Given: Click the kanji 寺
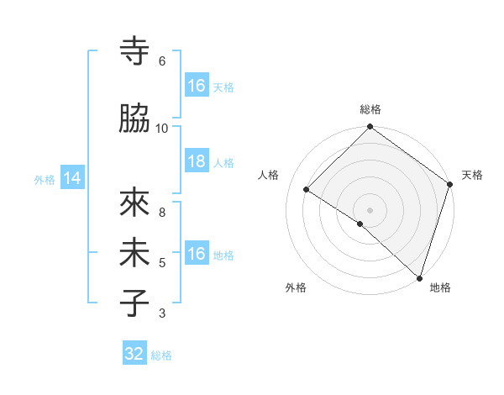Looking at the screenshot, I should [x=134, y=51].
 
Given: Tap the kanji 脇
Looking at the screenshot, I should [x=134, y=118].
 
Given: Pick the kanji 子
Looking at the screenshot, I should [x=134, y=303].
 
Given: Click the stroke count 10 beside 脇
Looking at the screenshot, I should [x=162, y=128].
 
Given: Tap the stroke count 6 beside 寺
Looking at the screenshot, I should [x=162, y=61].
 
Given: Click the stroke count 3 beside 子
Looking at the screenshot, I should [x=162, y=313].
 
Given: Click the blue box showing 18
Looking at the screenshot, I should [x=197, y=161].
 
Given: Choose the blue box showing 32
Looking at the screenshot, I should [x=134, y=354].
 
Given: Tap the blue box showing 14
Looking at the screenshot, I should [x=72, y=178].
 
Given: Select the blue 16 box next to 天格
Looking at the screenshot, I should [x=197, y=86].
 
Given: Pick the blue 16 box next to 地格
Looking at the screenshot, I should [x=197, y=254].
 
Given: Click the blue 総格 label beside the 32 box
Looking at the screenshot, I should [x=161, y=355].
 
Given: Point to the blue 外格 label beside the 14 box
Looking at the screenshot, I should [x=45, y=179].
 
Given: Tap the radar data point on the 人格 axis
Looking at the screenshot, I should [x=307, y=189].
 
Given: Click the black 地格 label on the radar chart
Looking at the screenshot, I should [x=440, y=288].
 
